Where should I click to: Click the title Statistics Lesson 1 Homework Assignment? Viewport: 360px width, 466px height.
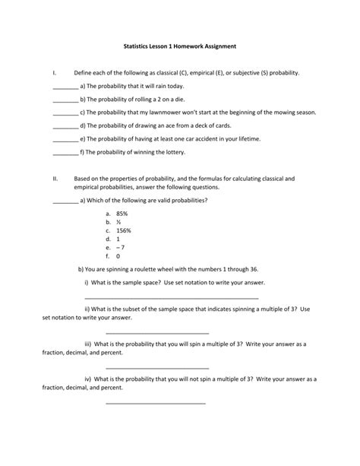pyautogui.click(x=180, y=46)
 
